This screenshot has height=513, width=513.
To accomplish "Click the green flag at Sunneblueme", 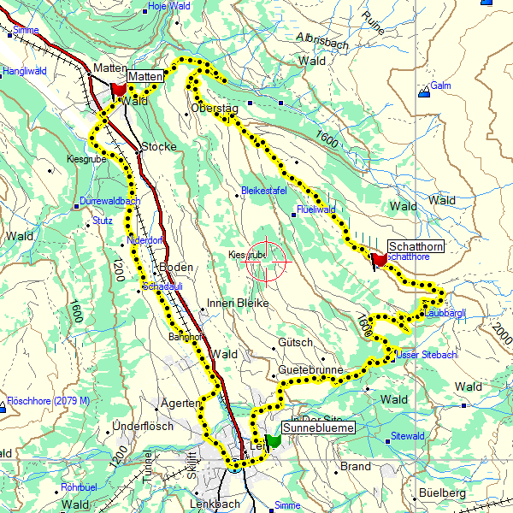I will (274, 440).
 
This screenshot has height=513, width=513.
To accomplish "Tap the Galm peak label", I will (440, 85).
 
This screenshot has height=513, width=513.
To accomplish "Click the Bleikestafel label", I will (263, 190).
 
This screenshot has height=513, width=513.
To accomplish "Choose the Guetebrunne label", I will (310, 370).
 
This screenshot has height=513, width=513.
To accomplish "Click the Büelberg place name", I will (443, 493).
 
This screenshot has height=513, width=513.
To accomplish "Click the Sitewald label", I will (407, 436).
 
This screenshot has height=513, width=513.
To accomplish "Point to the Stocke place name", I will (159, 146).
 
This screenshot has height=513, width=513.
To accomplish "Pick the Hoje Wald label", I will (168, 5).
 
